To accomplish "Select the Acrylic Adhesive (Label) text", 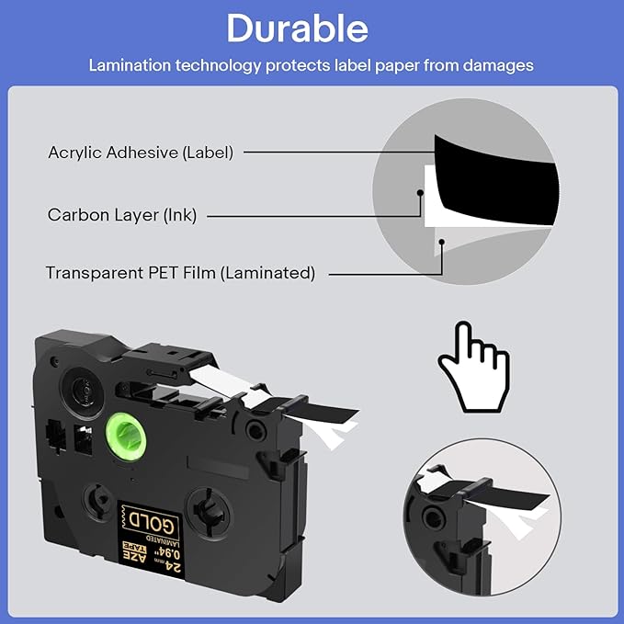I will tap(141, 153).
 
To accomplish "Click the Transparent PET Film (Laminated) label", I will tap(180, 273).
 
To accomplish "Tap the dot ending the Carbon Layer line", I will tap(419, 194).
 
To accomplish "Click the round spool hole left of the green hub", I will tap(79, 388).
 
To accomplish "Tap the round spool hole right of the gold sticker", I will tap(208, 509).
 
